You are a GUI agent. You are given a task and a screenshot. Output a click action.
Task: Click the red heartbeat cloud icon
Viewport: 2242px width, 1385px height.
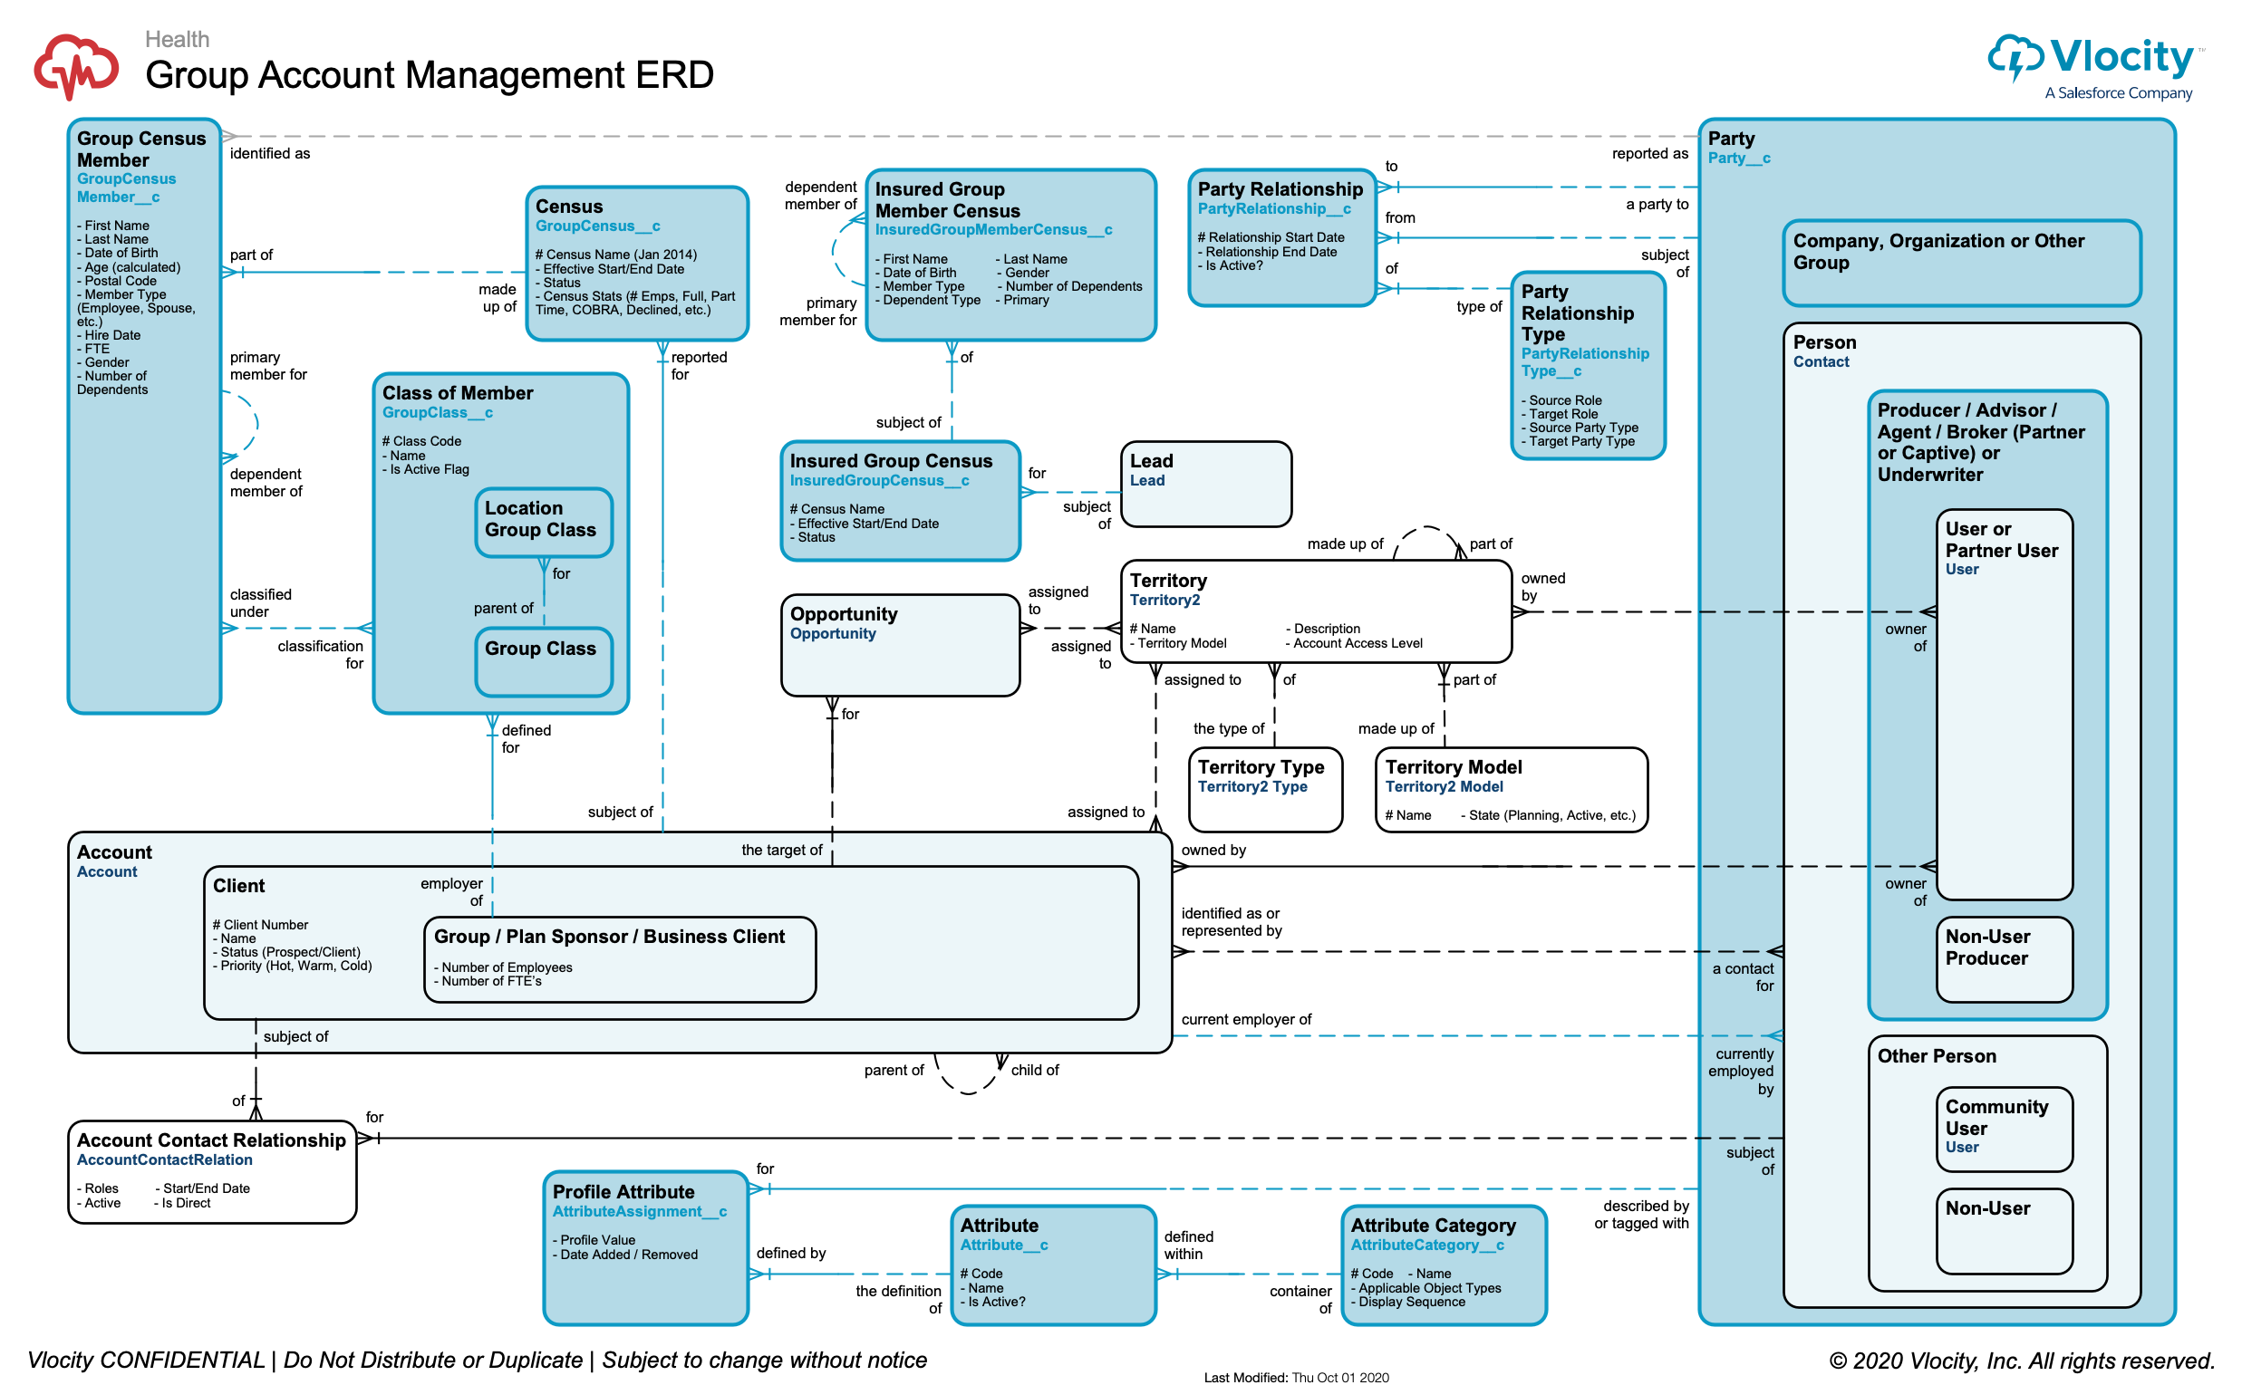click(76, 66)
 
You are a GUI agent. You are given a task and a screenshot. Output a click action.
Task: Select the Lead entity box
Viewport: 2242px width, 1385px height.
click(1206, 485)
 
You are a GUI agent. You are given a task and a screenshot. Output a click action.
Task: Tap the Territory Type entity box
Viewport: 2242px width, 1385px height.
click(1264, 790)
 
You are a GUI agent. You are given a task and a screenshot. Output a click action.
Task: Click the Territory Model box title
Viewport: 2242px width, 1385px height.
click(1453, 766)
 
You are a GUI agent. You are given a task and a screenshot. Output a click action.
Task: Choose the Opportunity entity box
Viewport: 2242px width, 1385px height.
click(900, 646)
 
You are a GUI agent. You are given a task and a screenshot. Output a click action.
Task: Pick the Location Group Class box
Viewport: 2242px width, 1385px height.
click(544, 521)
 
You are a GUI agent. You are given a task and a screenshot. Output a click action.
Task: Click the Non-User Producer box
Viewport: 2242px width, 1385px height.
click(2003, 959)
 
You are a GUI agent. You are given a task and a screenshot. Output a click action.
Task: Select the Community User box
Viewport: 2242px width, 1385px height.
click(2003, 1129)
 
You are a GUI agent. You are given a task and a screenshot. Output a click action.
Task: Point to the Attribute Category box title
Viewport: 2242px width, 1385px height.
click(1433, 1225)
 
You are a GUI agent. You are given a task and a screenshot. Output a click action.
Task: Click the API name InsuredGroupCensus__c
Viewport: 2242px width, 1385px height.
click(879, 481)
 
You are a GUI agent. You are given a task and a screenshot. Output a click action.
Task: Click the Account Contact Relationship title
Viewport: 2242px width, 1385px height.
click(211, 1140)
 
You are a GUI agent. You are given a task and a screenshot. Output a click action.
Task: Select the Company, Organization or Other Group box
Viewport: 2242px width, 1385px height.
click(1960, 263)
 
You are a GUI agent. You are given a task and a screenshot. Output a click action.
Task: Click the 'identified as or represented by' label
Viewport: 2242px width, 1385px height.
click(1231, 921)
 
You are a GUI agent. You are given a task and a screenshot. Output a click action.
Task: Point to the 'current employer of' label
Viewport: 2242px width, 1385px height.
click(1245, 1020)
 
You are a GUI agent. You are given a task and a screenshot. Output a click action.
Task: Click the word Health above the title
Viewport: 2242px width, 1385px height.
click(177, 39)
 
